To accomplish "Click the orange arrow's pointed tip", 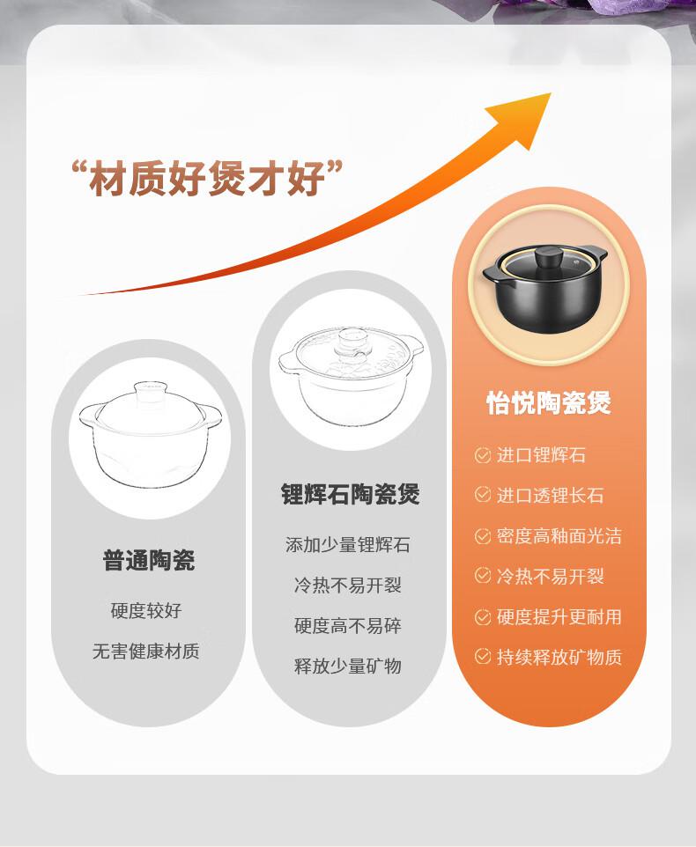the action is pos(550,93).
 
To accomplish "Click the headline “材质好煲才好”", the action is pos(208,178).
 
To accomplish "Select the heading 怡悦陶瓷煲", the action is pos(549,403).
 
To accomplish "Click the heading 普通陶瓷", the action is pos(149,560).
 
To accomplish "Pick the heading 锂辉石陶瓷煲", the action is pos(350,494).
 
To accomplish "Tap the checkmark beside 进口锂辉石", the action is pos(482,455).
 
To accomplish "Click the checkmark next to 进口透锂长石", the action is pos(482,495).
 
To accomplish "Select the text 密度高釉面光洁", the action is pos(559,536).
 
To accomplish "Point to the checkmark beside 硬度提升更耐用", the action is pos(482,616).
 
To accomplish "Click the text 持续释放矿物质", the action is pos(559,657).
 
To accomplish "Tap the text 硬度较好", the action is pos(146,610).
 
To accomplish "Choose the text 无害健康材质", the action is pos(146,652).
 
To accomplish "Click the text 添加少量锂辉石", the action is pos(348,544).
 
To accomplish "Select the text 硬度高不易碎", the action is pos(348,625).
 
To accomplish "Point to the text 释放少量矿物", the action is pos(348,666).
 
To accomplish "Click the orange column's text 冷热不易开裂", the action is pos(550,577).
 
